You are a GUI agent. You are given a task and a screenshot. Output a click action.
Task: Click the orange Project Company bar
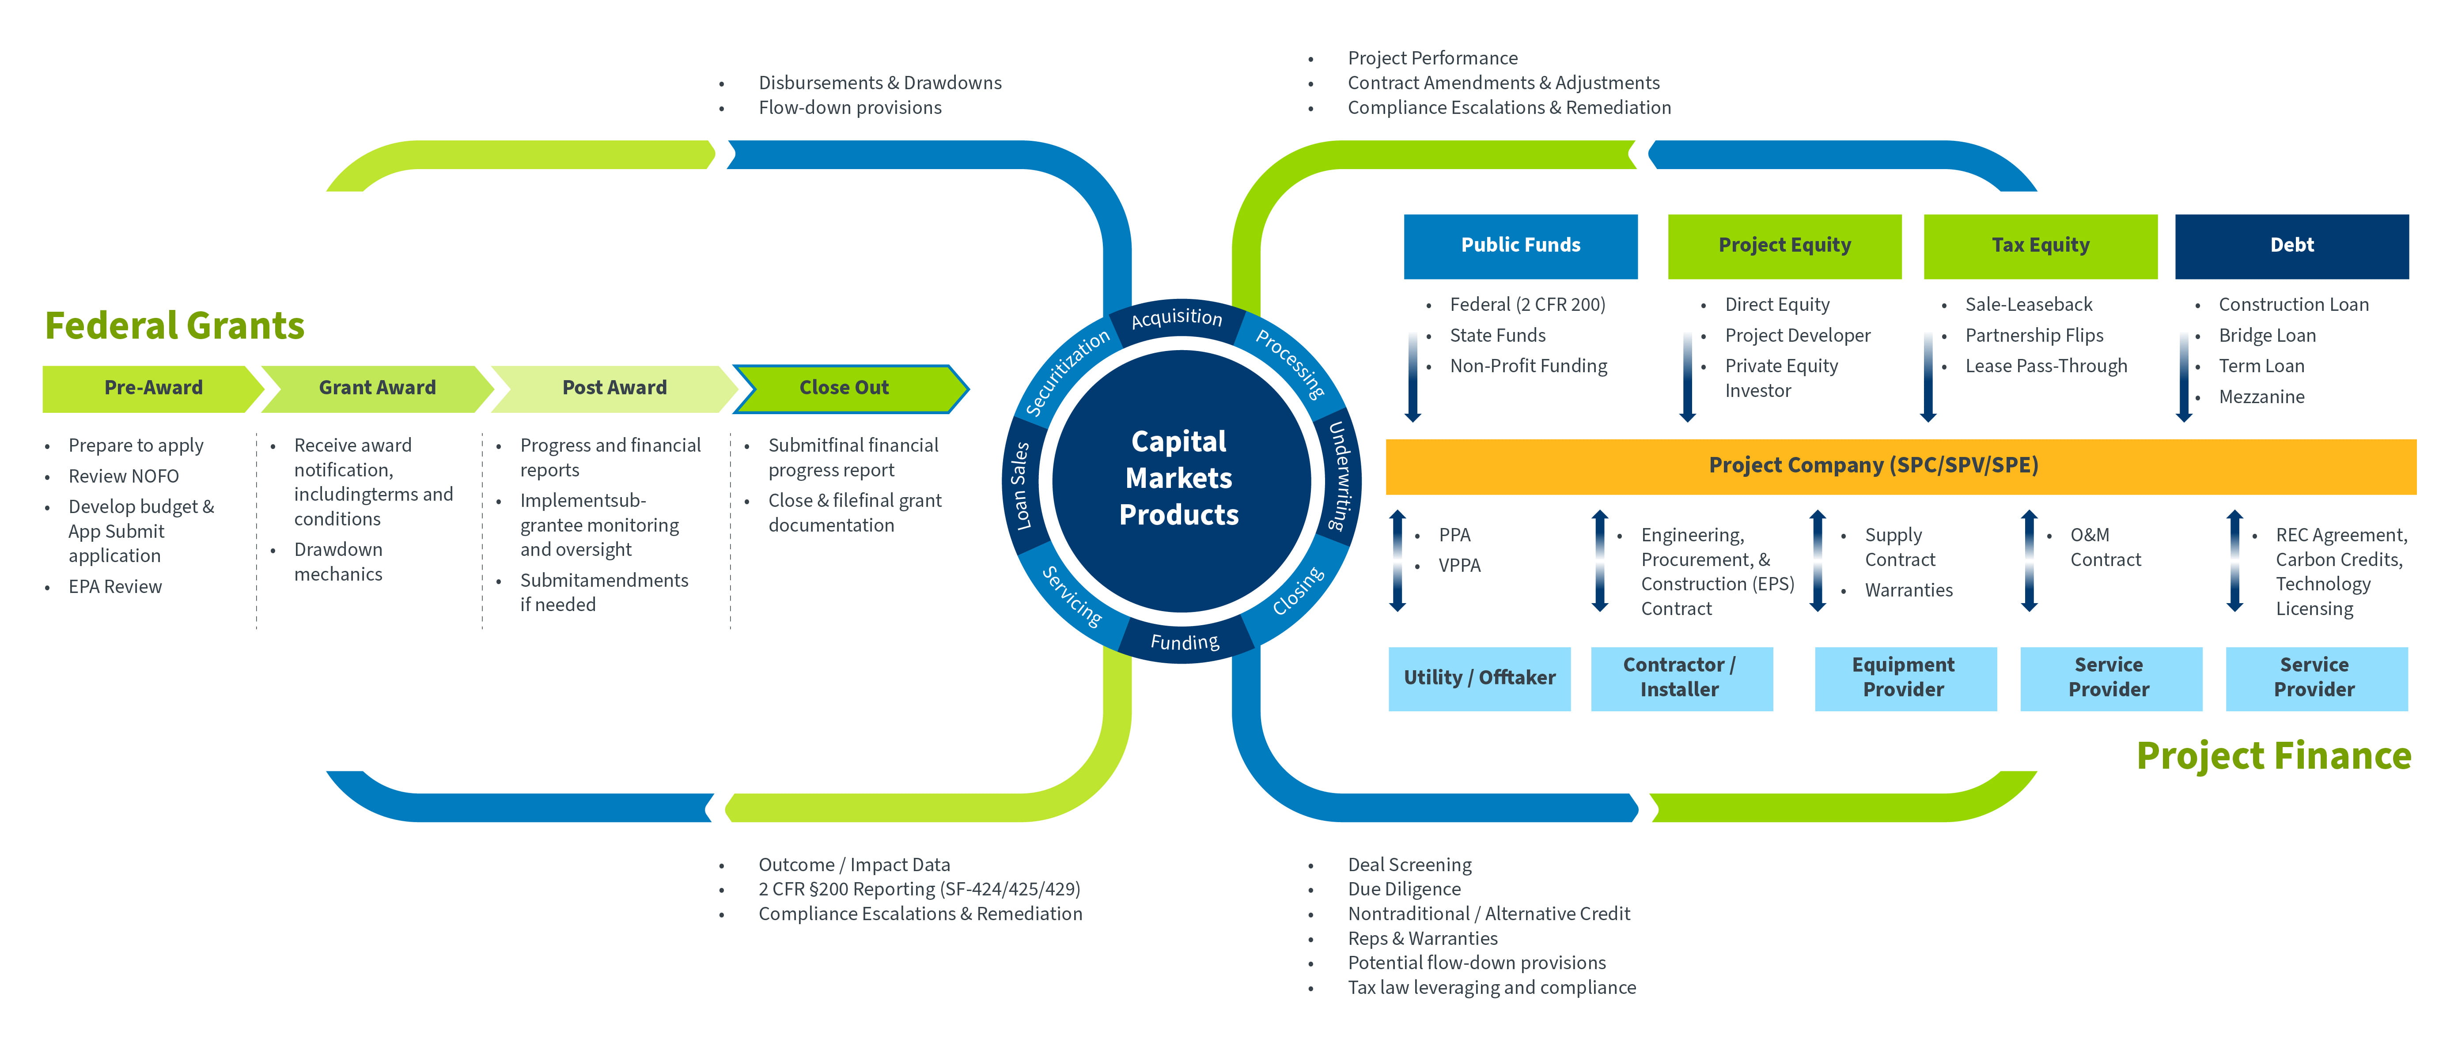[1873, 466]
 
